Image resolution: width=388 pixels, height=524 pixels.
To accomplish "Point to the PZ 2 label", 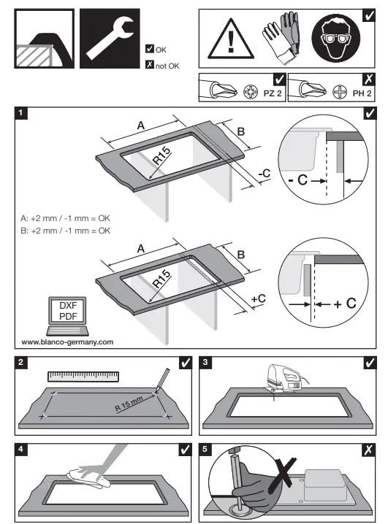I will point(272,93).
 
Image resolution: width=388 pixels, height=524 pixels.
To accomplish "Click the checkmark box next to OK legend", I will point(150,49).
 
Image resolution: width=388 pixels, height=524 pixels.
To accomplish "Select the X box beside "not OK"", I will point(150,66).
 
